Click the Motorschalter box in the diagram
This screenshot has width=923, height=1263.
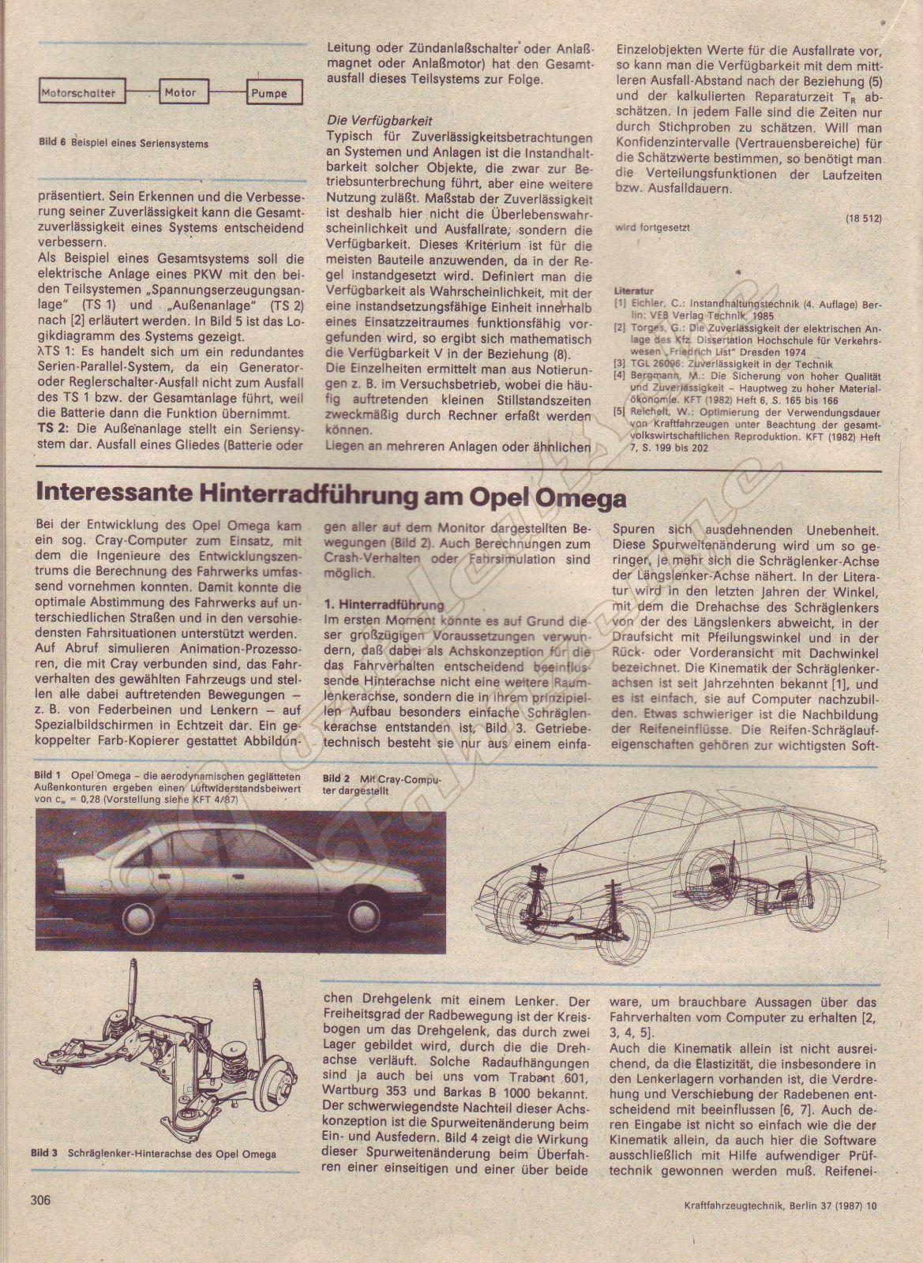point(79,93)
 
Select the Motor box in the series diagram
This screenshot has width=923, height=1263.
point(181,92)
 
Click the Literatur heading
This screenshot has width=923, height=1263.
point(633,290)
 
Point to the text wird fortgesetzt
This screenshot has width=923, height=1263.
point(652,227)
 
